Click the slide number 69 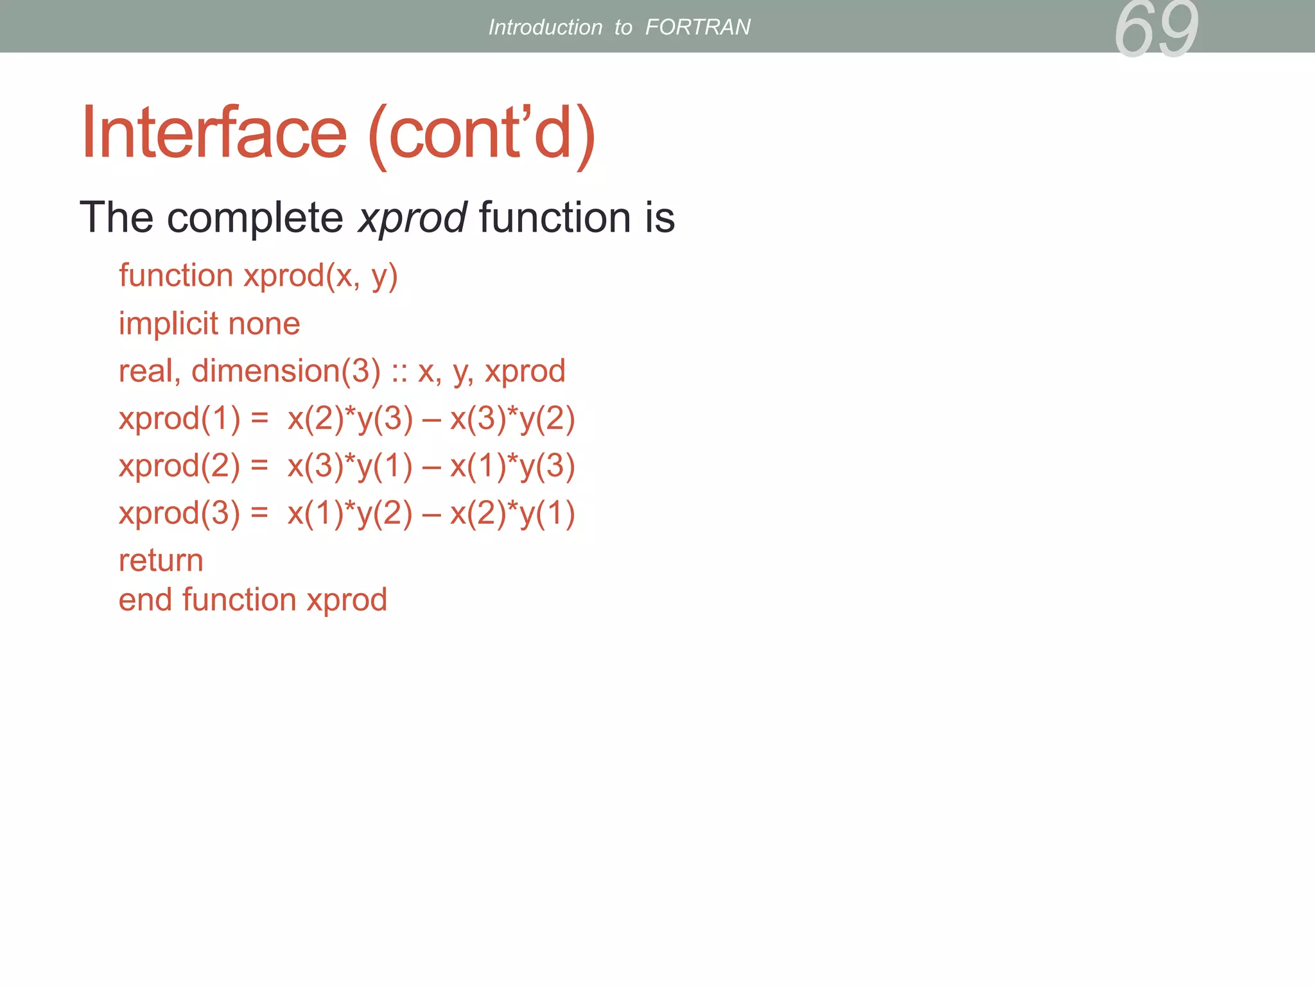(1156, 30)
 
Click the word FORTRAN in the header (697, 27)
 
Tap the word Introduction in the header (545, 27)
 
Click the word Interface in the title (214, 133)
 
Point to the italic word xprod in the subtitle (412, 218)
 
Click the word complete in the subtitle (255, 218)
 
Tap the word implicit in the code (168, 323)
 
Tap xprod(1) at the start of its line (179, 419)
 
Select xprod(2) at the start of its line (179, 466)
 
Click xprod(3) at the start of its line (179, 514)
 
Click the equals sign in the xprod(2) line (259, 466)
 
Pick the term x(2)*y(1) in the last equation (512, 514)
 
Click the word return (161, 560)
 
